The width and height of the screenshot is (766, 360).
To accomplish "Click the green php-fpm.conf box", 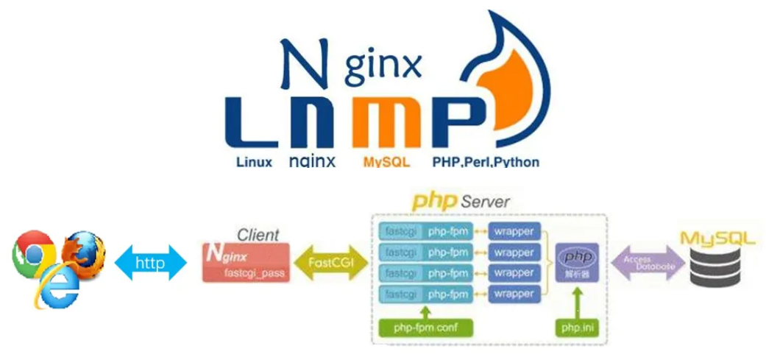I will point(425,326).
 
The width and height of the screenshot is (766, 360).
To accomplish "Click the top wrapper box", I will point(514,231).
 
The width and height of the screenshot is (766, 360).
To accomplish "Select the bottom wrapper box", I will point(514,294).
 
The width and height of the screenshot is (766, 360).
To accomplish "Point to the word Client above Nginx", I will point(258,236).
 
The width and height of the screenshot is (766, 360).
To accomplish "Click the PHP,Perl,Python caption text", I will point(486,161).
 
